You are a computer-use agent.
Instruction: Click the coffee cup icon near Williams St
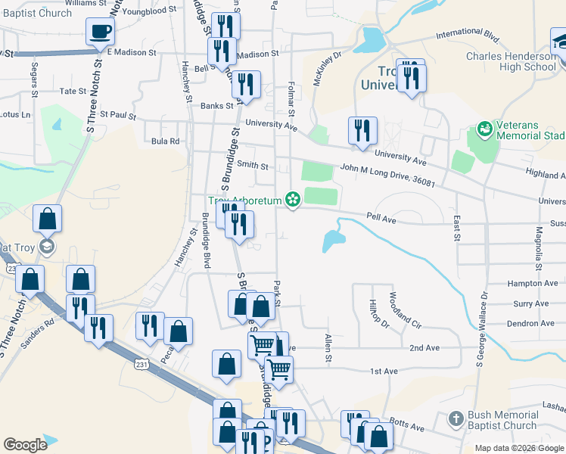[x=101, y=33]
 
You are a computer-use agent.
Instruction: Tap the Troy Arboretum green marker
[x=292, y=201]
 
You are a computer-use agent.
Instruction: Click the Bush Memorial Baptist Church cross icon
[x=456, y=418]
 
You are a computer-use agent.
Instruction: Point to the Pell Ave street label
[x=382, y=219]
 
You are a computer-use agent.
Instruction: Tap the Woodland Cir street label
[x=404, y=309]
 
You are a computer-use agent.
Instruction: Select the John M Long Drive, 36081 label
[x=387, y=177]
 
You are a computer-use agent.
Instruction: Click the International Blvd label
[x=469, y=35]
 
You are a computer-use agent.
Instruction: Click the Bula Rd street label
[x=165, y=141]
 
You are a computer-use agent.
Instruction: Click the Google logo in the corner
[x=25, y=445]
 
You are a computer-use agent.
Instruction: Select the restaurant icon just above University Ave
[x=362, y=130]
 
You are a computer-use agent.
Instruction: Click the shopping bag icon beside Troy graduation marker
[x=48, y=219]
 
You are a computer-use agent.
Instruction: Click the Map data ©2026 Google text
[x=520, y=448]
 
